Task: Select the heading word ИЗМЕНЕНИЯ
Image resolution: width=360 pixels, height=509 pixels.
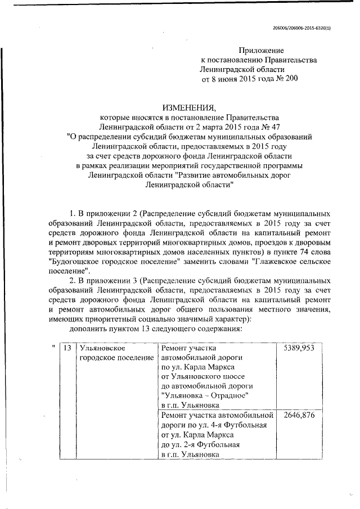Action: (x=188, y=107)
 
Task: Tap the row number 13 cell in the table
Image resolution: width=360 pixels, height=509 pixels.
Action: (x=67, y=348)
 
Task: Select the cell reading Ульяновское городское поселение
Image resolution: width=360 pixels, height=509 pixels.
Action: (x=116, y=353)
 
